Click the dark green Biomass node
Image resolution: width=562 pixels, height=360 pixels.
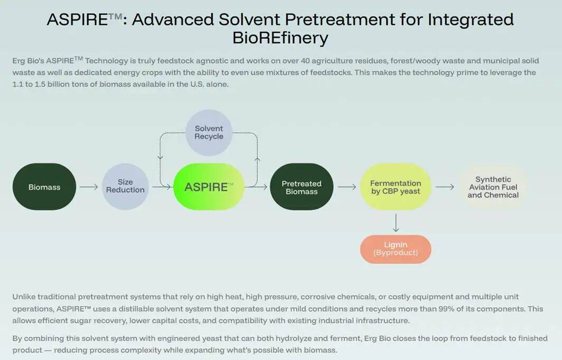(44, 187)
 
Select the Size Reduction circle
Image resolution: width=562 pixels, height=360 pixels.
(126, 187)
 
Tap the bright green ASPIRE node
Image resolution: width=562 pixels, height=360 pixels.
(209, 187)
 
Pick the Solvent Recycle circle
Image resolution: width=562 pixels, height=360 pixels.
(209, 132)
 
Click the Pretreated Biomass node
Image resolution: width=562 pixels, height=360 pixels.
(302, 187)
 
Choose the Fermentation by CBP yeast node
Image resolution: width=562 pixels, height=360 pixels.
(396, 187)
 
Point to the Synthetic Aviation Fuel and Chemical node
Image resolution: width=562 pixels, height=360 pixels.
(493, 187)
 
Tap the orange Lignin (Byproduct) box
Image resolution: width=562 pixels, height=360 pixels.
(396, 249)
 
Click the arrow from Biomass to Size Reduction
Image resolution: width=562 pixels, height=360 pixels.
(89, 187)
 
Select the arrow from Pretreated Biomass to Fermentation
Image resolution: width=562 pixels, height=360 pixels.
(347, 187)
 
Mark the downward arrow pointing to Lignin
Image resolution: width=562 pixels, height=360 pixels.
(396, 223)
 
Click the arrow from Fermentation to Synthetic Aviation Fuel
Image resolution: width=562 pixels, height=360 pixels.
(445, 187)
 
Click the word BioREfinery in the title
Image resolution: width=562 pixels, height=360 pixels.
(280, 37)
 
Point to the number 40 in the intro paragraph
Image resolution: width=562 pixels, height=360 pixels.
(305, 61)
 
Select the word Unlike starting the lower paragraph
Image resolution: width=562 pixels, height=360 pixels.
(24, 297)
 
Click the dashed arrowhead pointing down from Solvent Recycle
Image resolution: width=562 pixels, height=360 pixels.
(160, 157)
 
